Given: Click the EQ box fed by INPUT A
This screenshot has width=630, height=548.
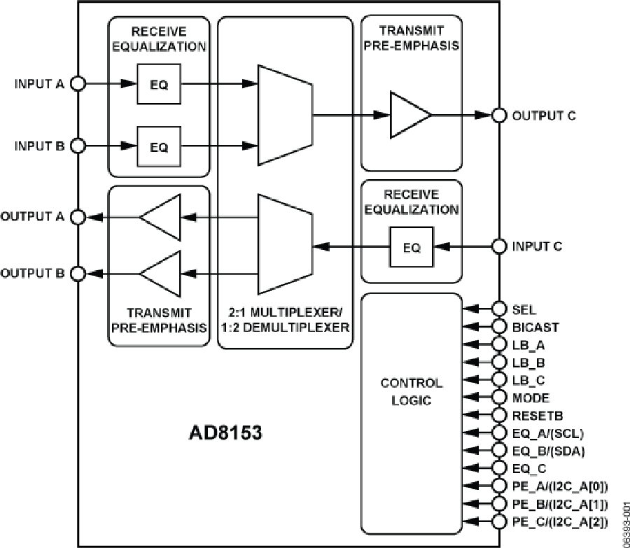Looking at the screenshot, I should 159,84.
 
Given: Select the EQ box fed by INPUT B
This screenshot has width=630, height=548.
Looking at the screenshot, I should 159,147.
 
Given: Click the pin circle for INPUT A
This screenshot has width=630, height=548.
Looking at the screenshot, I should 78,84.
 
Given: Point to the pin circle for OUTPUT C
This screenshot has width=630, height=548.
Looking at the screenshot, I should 499,115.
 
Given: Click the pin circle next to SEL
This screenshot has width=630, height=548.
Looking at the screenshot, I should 499,309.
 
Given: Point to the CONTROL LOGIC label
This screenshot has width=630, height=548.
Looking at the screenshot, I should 411,392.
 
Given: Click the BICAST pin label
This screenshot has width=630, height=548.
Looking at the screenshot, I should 535,327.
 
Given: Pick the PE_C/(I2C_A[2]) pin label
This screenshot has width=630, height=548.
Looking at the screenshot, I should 560,521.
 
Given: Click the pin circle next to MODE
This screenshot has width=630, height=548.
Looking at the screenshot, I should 499,398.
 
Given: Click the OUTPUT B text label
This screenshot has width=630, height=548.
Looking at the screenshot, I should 34,272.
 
